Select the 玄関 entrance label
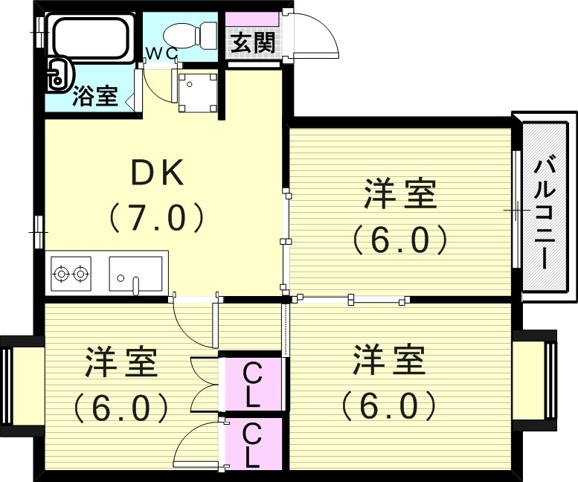coord(251,43)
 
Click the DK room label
coord(157,174)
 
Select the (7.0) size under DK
coord(157,217)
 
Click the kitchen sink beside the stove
coord(136,274)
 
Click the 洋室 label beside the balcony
coord(399,196)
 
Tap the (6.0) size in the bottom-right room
coord(388,405)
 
